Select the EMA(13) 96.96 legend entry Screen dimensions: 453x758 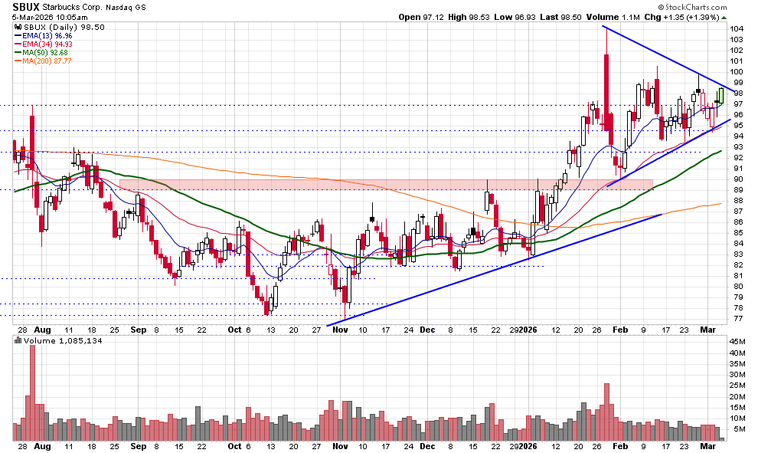tap(41, 34)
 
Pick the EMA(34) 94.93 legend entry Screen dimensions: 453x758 tap(41, 44)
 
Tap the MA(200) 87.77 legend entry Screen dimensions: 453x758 tap(41, 62)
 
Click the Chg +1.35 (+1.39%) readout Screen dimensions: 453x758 tap(681, 17)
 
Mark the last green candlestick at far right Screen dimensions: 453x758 tap(720, 96)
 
